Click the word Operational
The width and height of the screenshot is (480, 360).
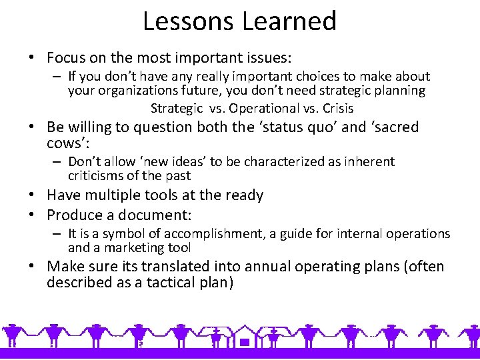click(265, 108)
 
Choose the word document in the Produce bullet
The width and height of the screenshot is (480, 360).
click(158, 215)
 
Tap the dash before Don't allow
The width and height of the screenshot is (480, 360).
click(58, 162)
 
